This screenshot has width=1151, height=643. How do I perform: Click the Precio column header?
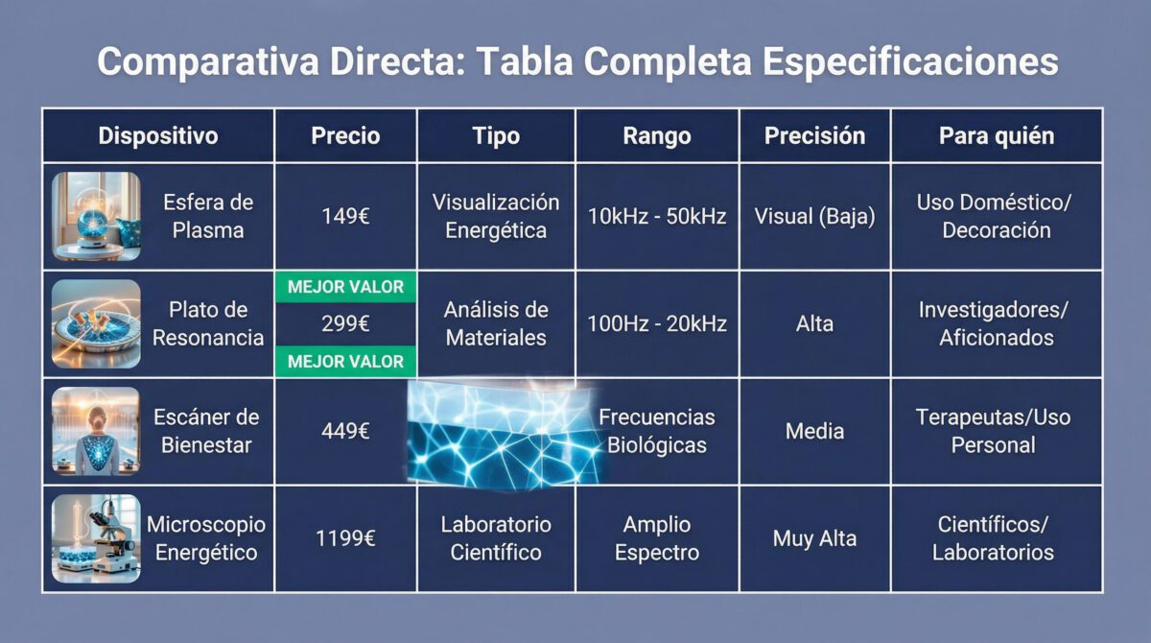pyautogui.click(x=345, y=135)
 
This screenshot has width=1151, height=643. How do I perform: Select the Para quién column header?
pyautogui.click(x=996, y=135)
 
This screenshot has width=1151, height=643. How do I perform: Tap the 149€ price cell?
pyautogui.click(x=345, y=216)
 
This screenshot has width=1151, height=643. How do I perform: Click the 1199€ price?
pyautogui.click(x=345, y=538)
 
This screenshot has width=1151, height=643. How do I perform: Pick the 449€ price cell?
pyautogui.click(x=345, y=431)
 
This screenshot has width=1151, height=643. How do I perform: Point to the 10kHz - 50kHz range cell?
pyautogui.click(x=657, y=216)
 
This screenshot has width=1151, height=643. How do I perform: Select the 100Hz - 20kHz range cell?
pyautogui.click(x=657, y=323)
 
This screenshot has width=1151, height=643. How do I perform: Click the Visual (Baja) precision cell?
pyautogui.click(x=814, y=216)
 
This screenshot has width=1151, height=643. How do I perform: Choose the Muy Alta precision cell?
pyautogui.click(x=814, y=538)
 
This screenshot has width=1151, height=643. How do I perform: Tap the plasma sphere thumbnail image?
pyautogui.click(x=96, y=216)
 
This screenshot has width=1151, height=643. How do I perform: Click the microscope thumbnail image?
pyautogui.click(x=96, y=538)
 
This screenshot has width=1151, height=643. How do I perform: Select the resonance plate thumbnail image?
pyautogui.click(x=96, y=323)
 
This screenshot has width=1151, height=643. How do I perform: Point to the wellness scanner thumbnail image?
pyautogui.click(x=96, y=431)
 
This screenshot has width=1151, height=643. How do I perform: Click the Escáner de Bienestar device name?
pyautogui.click(x=206, y=431)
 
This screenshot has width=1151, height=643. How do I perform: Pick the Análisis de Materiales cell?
pyautogui.click(x=496, y=323)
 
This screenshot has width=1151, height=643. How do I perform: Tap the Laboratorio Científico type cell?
pyautogui.click(x=496, y=538)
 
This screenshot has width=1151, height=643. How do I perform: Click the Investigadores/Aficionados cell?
pyautogui.click(x=996, y=323)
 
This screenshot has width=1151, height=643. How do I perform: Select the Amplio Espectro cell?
pyautogui.click(x=657, y=538)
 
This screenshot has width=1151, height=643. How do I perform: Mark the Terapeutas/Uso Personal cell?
pyautogui.click(x=996, y=431)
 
